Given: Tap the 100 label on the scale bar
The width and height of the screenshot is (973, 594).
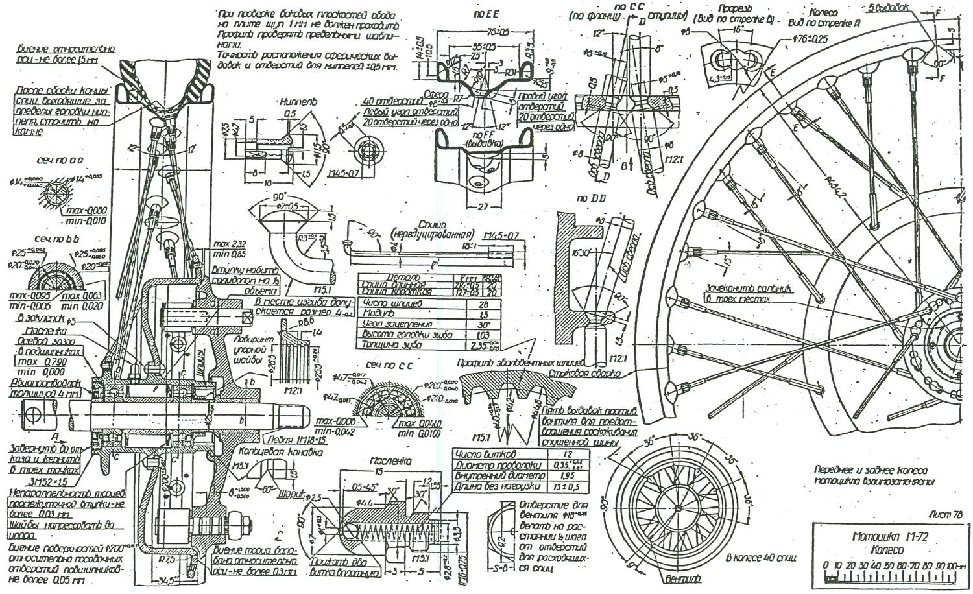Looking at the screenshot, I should click(950, 564).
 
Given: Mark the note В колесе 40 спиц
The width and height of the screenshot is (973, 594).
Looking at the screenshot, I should click(753, 557).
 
